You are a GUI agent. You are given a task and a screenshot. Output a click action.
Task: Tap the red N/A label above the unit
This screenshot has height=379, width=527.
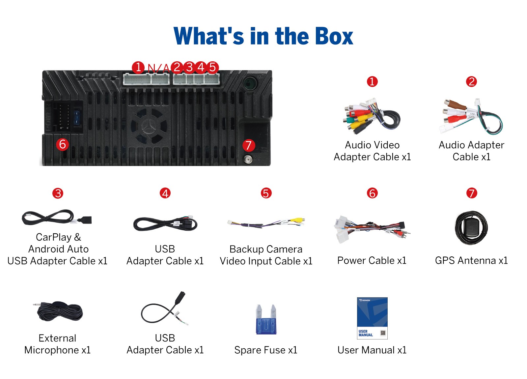[x=158, y=68]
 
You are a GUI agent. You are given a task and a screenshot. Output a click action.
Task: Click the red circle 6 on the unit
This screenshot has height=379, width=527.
[x=62, y=144]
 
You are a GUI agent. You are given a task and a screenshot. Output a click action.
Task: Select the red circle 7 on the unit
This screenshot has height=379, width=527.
[x=248, y=145]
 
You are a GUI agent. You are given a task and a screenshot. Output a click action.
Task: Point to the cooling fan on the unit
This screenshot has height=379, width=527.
[x=149, y=127]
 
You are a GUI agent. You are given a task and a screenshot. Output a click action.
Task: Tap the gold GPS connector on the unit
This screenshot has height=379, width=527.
[x=248, y=160]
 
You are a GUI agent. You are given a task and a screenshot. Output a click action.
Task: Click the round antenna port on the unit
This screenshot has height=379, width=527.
[x=250, y=83]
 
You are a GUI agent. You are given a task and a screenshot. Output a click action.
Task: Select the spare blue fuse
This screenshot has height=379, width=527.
[x=266, y=319]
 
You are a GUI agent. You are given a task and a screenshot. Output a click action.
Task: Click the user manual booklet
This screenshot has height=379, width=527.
[x=372, y=318]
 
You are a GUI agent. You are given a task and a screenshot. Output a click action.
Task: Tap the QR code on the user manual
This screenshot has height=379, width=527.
[x=383, y=333]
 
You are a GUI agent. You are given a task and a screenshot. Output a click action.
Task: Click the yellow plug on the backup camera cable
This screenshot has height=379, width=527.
[x=297, y=220]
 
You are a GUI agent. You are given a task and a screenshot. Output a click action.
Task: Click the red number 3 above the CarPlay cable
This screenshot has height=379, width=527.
[x=58, y=193]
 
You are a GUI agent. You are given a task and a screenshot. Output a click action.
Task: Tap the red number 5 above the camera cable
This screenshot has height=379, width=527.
[x=266, y=193]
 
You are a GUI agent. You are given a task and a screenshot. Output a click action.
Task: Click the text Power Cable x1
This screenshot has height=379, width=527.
[x=372, y=261]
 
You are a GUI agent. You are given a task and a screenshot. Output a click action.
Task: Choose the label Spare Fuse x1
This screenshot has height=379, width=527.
[x=266, y=350]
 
